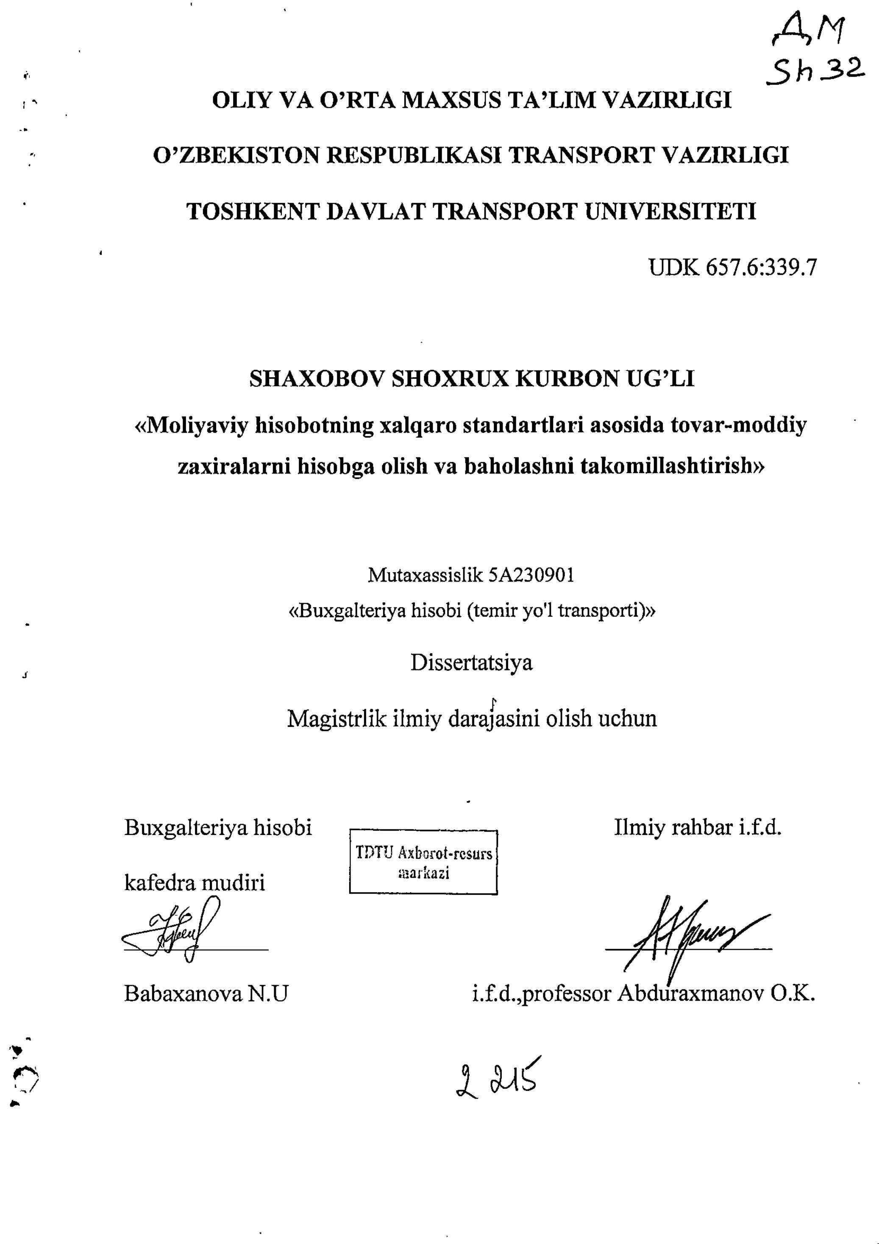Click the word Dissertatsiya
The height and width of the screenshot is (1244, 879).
471,662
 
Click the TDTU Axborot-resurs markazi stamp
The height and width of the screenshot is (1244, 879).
423,862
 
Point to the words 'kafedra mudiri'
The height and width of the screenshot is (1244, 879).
195,883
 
